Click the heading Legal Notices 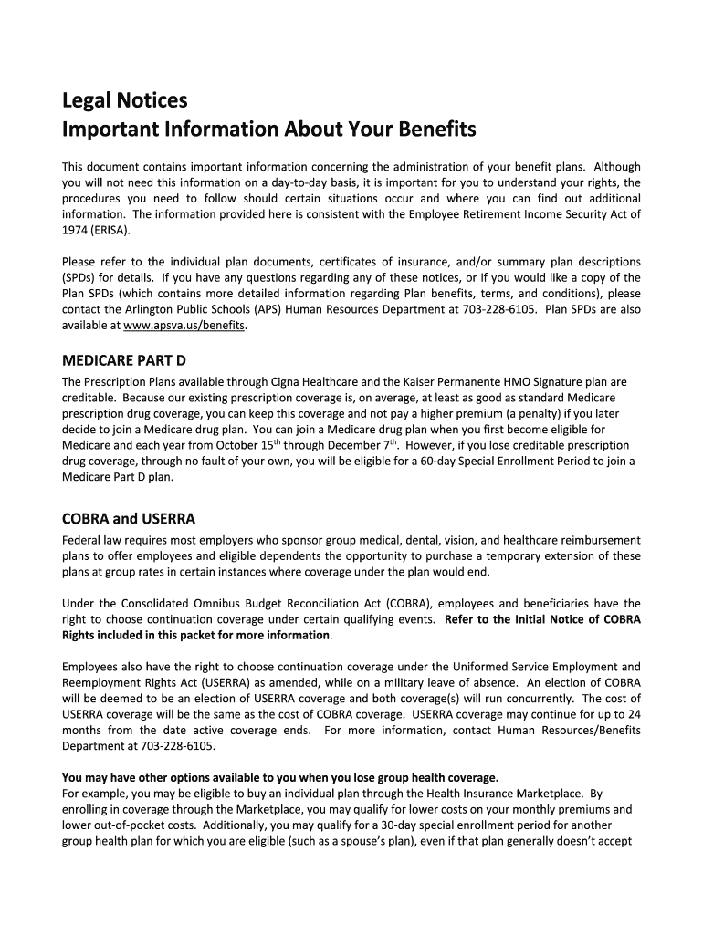124,99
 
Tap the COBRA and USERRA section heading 129,519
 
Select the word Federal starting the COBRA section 82,540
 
